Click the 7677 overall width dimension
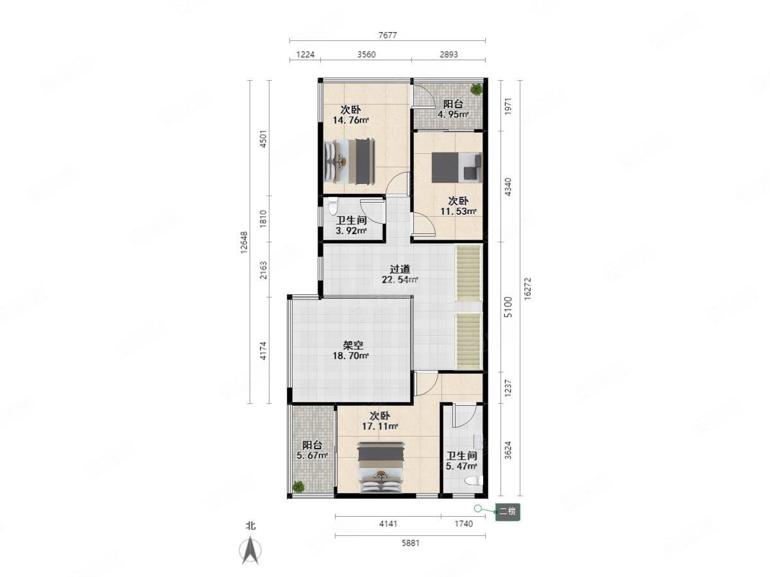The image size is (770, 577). coord(388,35)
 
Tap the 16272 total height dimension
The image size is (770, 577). coord(527,288)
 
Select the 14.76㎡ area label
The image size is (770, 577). coord(350,120)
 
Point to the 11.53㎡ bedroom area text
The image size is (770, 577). coord(458,212)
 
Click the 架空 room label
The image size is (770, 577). coord(353,346)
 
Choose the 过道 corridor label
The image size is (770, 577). coord(400,269)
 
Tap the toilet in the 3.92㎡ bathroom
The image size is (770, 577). coord(332,206)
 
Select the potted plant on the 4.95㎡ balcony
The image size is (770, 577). coord(476,89)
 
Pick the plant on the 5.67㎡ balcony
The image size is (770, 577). coord(298,487)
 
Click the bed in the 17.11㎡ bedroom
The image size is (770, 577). coord(381,467)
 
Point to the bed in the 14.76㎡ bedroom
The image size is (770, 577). coord(350,161)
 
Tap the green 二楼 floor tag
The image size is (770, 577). coord(508,512)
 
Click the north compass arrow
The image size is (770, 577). coord(250,550)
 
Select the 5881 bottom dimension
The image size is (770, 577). coord(410,544)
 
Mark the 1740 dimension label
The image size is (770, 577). coord(463,524)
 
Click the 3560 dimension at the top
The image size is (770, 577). coord(366,54)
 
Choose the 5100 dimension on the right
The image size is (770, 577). coord(508,307)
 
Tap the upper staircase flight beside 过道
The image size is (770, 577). coord(468,273)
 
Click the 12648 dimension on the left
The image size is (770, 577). coord(244,242)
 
